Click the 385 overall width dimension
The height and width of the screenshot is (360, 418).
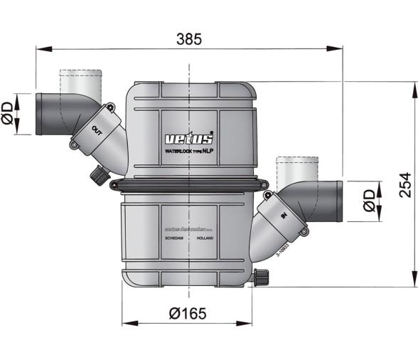(189, 40)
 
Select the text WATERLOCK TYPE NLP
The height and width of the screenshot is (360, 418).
(189, 152)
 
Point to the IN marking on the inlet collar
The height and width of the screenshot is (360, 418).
(283, 215)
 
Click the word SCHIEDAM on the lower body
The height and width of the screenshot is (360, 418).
(175, 240)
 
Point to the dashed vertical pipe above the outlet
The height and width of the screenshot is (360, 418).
(80, 81)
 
